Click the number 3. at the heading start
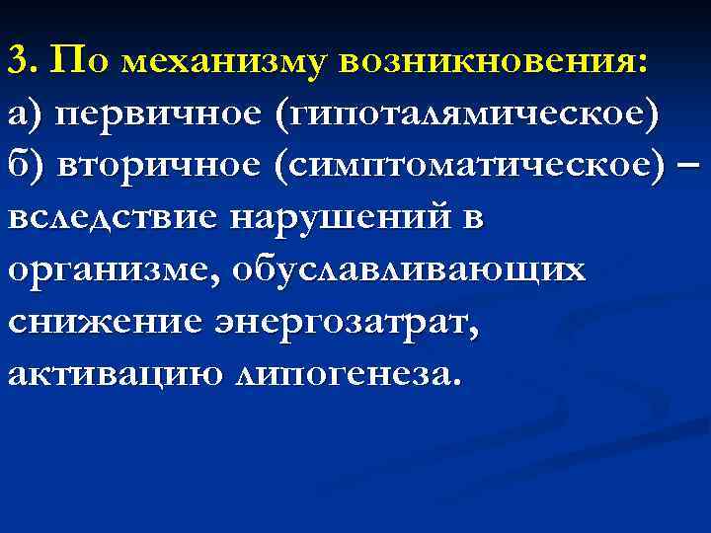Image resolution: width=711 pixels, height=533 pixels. [23, 61]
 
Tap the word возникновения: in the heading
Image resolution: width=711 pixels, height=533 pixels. [494, 62]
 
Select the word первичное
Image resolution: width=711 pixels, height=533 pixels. [158, 114]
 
